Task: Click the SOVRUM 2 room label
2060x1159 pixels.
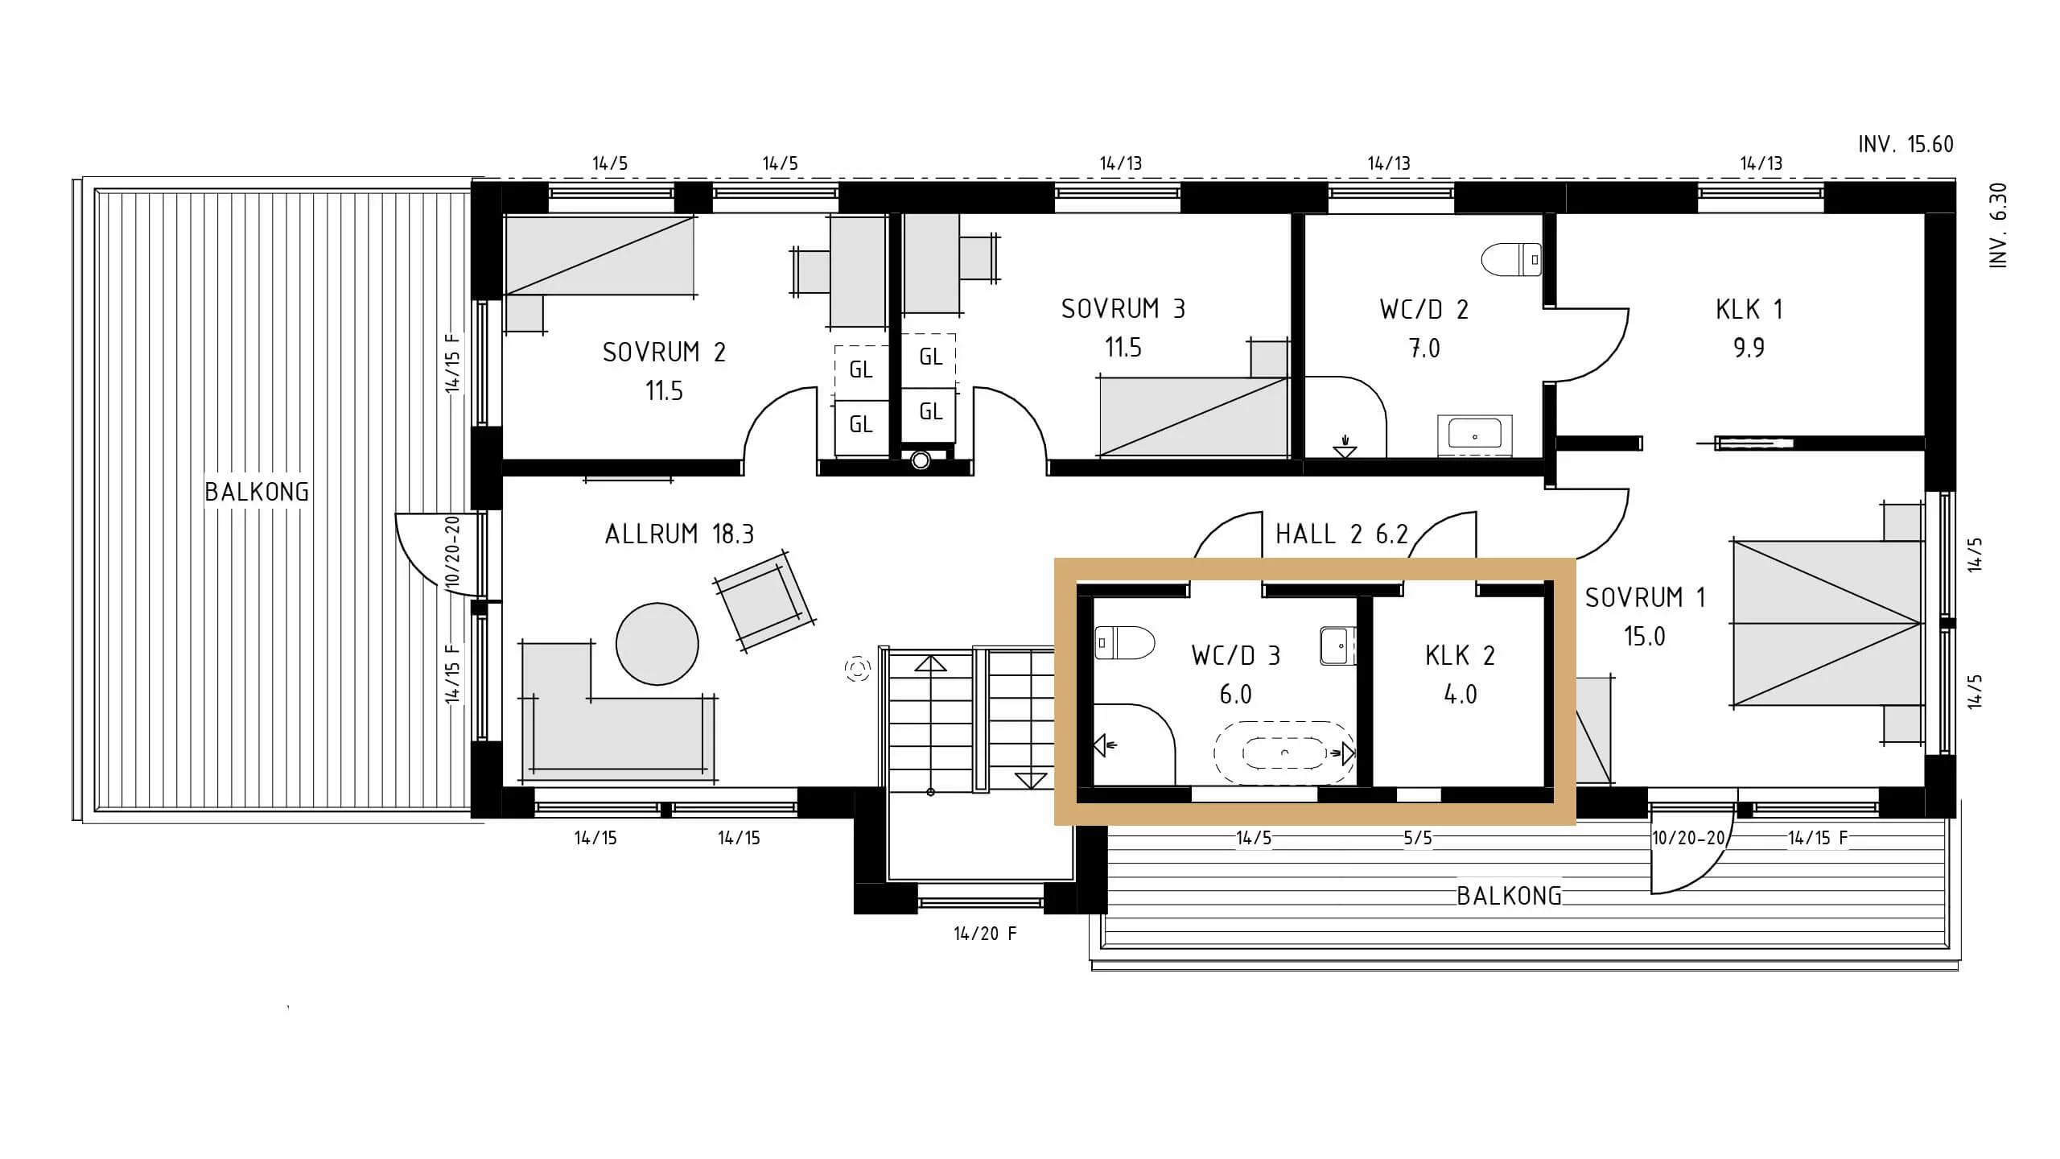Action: tap(664, 353)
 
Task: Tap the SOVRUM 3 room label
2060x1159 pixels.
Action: tap(1123, 309)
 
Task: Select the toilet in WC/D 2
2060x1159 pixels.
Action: tap(1511, 260)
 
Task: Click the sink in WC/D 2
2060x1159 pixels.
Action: tap(1475, 435)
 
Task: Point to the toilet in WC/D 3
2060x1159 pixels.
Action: tap(1125, 642)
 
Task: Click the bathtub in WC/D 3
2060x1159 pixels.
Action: tap(1285, 753)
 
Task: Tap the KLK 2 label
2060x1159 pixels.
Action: tap(1460, 656)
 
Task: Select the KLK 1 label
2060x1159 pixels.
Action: tap(1749, 309)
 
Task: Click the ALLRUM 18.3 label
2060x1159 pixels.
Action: tap(679, 534)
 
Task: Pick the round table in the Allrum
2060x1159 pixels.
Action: tap(657, 644)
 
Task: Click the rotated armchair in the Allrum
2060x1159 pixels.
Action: tap(764, 601)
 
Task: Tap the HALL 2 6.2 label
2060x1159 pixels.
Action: tap(1341, 534)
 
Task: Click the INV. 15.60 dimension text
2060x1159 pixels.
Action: tap(1905, 144)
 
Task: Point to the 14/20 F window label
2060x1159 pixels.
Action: tap(985, 934)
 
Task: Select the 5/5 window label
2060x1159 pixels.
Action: tap(1418, 838)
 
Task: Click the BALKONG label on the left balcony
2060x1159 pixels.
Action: tap(257, 492)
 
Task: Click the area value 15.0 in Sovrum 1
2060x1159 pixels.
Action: tap(1644, 637)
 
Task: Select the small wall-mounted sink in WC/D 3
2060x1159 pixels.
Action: tap(1337, 646)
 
